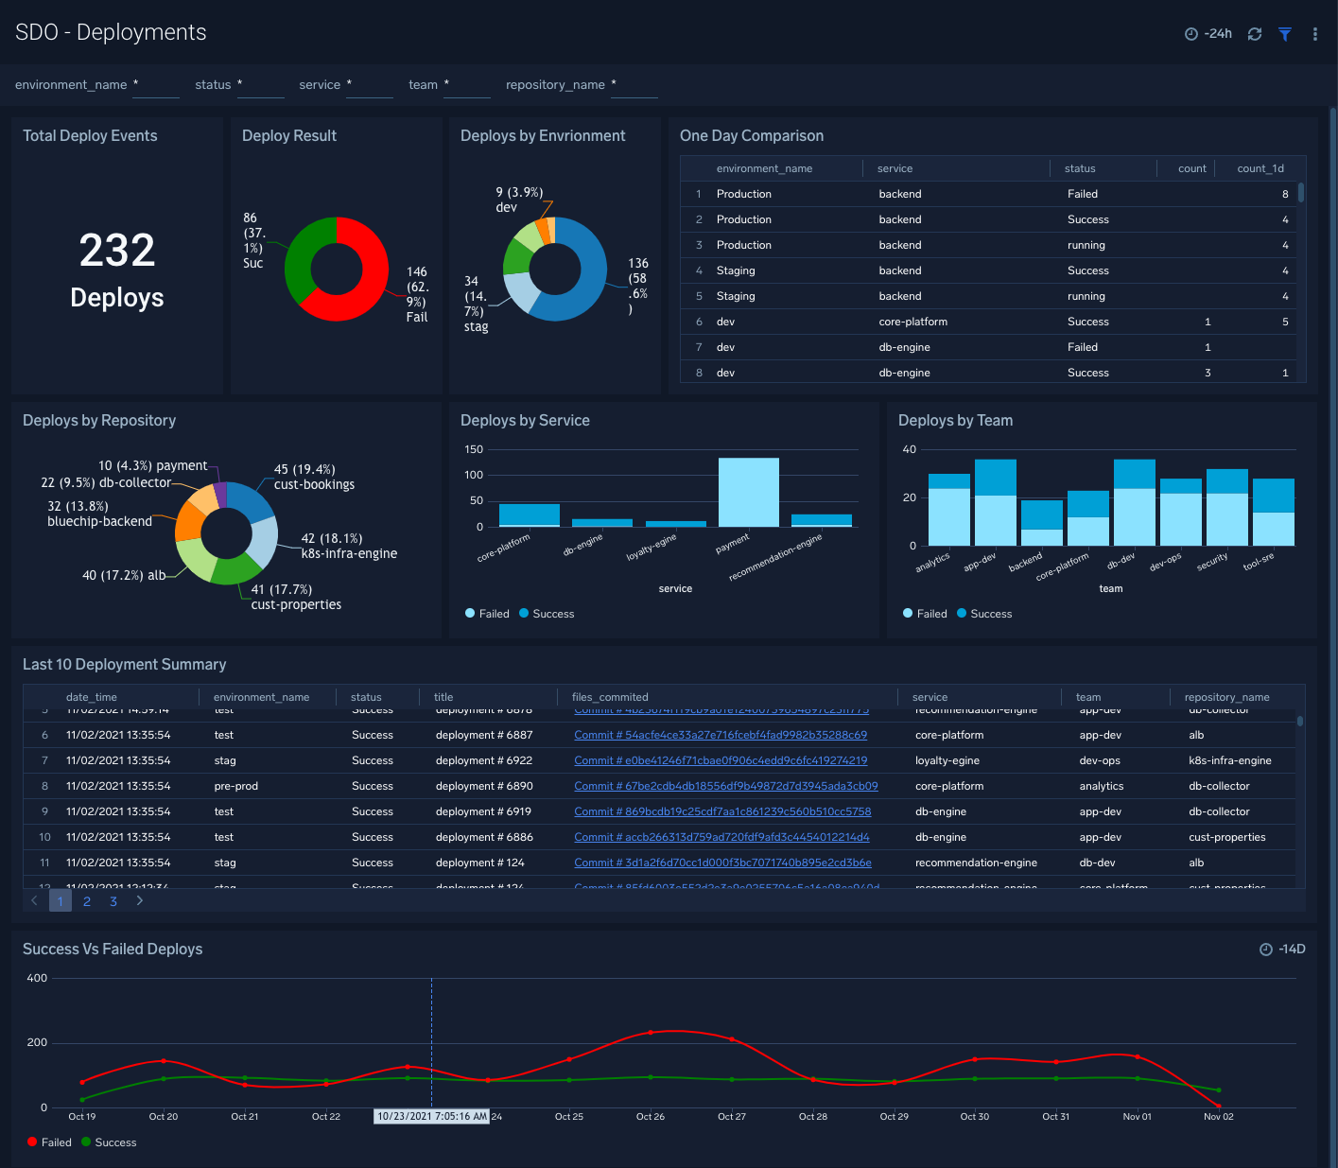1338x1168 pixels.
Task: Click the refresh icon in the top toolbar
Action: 1255,34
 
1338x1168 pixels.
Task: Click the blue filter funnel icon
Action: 1285,34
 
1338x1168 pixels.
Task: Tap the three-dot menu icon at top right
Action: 1315,34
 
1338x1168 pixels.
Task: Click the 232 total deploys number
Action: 117,251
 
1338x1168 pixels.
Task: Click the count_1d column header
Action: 1260,168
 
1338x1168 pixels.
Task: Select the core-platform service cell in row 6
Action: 912,322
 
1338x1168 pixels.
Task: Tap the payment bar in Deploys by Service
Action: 748,492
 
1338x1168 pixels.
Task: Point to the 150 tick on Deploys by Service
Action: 474,449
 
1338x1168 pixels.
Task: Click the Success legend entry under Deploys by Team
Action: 990,614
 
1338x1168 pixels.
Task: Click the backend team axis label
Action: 1025,563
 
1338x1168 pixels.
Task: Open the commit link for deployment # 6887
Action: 720,735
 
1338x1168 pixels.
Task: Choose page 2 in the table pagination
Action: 87,901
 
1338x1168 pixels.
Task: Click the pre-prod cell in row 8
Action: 235,786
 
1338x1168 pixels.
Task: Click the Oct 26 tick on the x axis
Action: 651,1117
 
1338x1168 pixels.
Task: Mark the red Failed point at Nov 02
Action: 1218,1106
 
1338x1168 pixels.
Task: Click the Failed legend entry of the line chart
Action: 56,1142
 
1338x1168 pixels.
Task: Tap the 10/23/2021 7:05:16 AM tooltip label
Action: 432,1117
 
